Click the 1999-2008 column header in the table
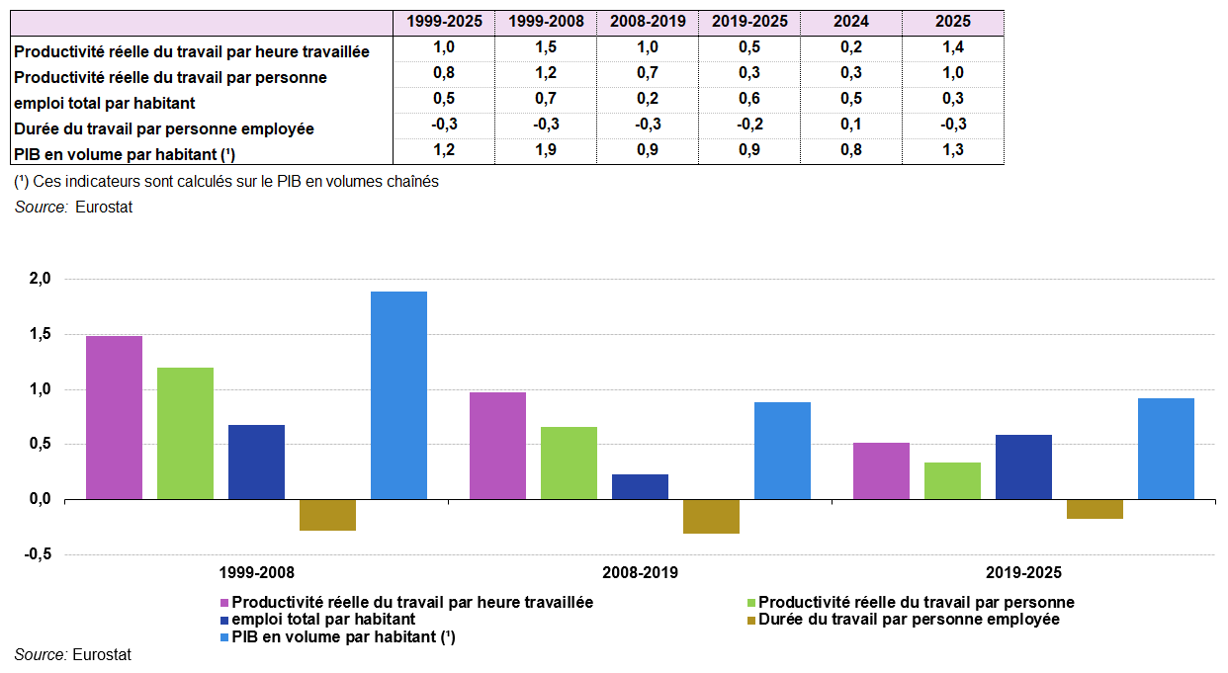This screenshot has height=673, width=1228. tap(546, 22)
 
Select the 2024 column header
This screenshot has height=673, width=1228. tap(851, 22)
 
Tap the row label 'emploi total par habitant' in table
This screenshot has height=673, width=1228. tap(105, 103)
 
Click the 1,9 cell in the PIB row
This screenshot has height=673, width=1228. tap(546, 150)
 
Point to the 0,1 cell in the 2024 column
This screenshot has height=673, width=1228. tap(851, 125)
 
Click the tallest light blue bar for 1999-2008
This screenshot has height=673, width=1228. tap(398, 395)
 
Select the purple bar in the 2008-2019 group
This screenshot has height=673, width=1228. tap(497, 446)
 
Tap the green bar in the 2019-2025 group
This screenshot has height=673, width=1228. tap(952, 480)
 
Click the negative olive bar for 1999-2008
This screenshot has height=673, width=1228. tap(327, 515)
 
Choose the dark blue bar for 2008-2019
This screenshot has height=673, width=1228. tap(640, 486)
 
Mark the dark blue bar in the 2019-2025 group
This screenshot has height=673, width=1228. tap(1023, 466)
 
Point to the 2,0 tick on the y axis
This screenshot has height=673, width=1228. tap(39, 280)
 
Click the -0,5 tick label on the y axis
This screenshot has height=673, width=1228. tap(37, 554)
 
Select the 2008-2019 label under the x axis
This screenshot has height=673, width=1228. tap(640, 572)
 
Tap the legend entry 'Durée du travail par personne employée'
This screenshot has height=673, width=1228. tap(908, 620)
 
